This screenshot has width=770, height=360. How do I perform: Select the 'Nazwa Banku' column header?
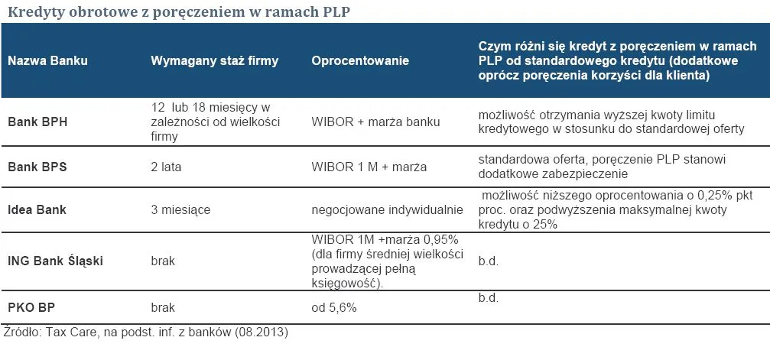click(x=47, y=60)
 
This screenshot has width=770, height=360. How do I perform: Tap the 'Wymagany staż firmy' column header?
click(x=214, y=60)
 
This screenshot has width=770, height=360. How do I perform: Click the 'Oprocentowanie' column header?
click(x=360, y=60)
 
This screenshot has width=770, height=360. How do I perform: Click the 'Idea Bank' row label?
click(x=37, y=209)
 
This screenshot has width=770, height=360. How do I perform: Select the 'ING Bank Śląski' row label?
click(x=55, y=261)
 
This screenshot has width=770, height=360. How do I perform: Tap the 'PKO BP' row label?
click(x=31, y=307)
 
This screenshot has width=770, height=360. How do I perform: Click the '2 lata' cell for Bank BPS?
click(x=167, y=167)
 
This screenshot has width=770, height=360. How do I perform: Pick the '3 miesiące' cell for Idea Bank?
click(x=180, y=209)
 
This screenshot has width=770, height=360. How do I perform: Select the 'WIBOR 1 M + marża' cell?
click(x=369, y=167)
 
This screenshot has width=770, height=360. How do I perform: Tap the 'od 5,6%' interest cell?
click(x=334, y=307)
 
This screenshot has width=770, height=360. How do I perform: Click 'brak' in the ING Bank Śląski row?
click(x=163, y=261)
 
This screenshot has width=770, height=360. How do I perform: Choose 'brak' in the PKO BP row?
click(x=163, y=307)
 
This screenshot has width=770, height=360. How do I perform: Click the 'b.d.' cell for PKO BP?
click(x=488, y=297)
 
